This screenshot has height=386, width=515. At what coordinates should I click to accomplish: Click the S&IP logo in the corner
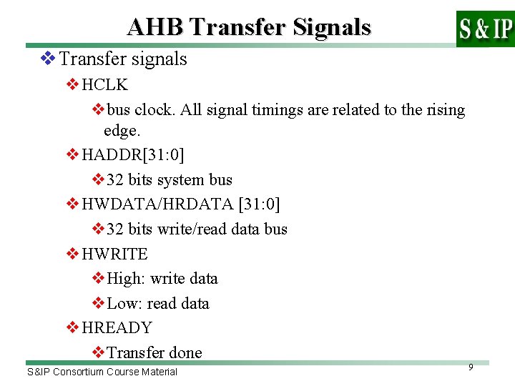[485, 29]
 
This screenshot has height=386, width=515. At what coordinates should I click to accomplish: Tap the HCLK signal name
[104, 85]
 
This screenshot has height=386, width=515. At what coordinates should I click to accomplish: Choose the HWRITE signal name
[114, 254]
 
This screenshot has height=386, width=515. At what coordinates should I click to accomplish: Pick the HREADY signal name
[117, 327]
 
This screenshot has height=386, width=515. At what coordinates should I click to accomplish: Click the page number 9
[471, 367]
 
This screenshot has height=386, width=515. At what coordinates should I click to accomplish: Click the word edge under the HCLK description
[120, 131]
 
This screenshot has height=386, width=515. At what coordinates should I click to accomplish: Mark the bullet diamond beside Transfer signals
[47, 59]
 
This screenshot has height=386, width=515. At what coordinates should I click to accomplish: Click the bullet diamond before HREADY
[72, 327]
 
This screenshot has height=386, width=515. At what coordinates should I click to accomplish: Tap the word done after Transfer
[185, 352]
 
